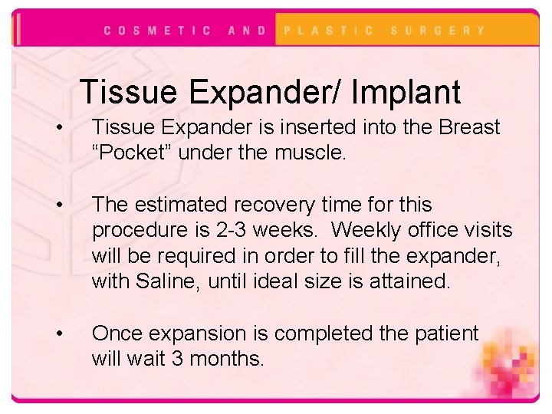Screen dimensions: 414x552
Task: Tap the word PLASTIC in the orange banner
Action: [x=329, y=31]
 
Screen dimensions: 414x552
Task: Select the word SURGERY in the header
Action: [x=438, y=31]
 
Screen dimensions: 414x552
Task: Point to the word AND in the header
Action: [x=247, y=31]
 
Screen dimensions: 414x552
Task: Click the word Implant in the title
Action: [x=406, y=92]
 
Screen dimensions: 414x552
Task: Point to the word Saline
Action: [x=168, y=281]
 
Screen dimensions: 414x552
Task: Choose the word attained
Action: [x=413, y=281]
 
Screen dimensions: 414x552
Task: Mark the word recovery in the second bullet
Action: [x=253, y=205]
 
